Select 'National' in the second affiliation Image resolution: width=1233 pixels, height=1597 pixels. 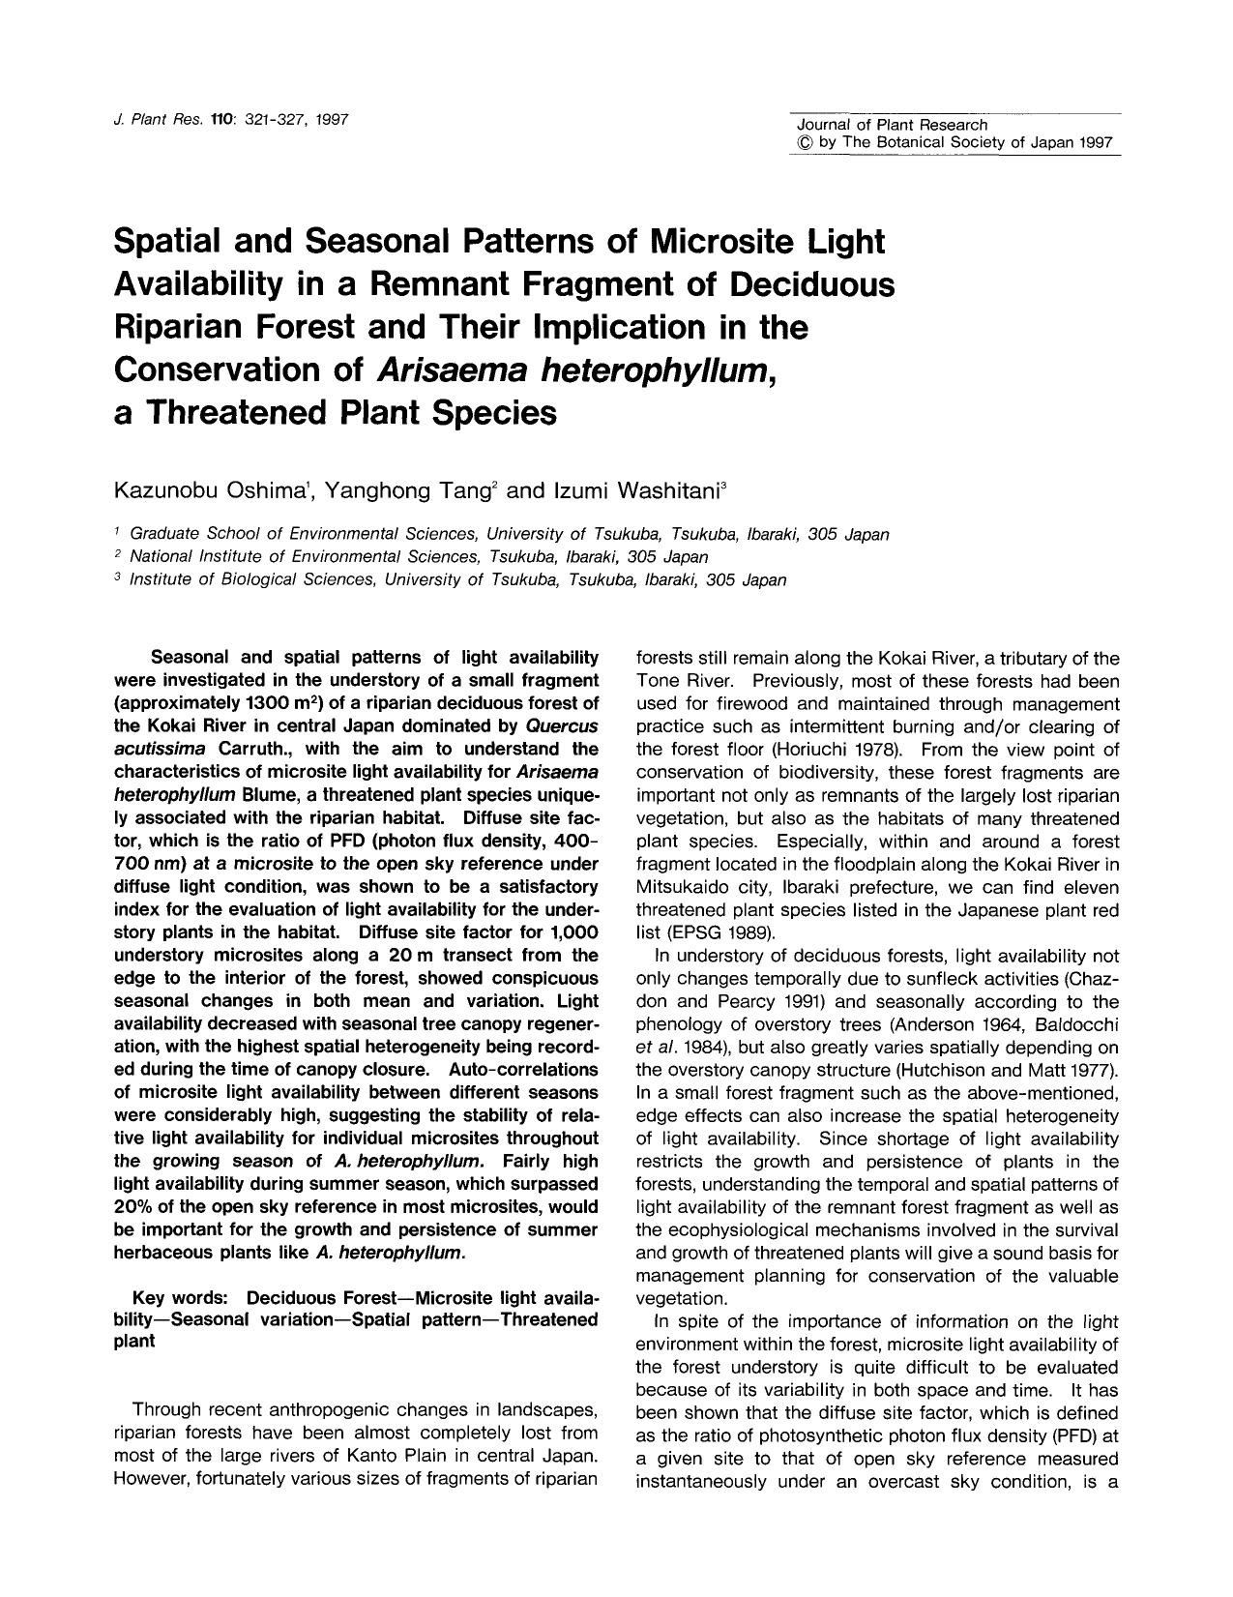(x=161, y=557)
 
